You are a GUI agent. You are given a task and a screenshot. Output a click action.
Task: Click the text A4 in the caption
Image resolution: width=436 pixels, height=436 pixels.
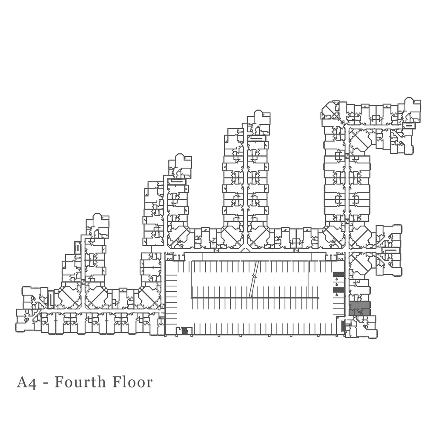[26, 382]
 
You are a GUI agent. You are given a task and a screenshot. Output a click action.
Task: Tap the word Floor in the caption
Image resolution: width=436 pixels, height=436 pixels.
[132, 382]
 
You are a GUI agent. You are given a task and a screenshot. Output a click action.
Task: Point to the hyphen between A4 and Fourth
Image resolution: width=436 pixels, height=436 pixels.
[45, 383]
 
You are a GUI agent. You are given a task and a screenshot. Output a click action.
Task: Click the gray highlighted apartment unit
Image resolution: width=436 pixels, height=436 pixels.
[359, 308]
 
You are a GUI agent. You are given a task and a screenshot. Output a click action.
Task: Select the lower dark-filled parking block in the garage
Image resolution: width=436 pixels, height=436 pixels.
[338, 290]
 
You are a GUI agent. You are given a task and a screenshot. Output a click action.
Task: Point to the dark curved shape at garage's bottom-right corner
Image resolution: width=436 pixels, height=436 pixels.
[343, 325]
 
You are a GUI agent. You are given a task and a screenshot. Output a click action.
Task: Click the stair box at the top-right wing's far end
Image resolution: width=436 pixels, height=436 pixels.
[409, 126]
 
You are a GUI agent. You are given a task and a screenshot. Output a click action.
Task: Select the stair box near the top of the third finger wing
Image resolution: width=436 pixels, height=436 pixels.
[258, 138]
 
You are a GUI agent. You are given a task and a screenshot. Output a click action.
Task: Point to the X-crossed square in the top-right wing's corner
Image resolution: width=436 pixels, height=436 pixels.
[336, 115]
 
